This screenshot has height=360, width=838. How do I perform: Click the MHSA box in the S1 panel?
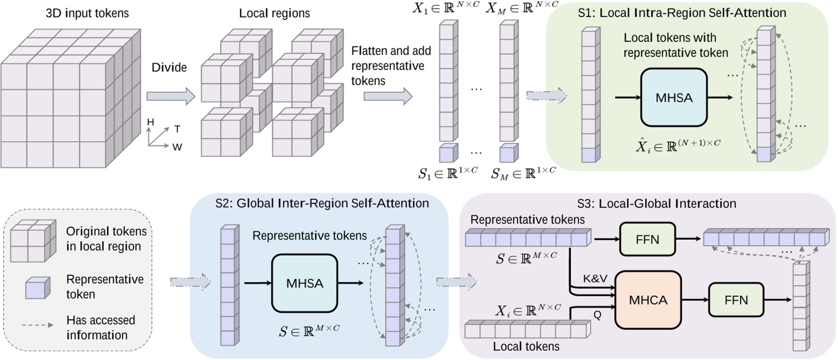(x=674, y=98)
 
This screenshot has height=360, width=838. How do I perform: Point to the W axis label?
(x=177, y=146)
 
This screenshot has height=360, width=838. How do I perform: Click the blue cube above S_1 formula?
(x=447, y=153)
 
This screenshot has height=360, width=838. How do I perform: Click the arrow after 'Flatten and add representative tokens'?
(x=387, y=96)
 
